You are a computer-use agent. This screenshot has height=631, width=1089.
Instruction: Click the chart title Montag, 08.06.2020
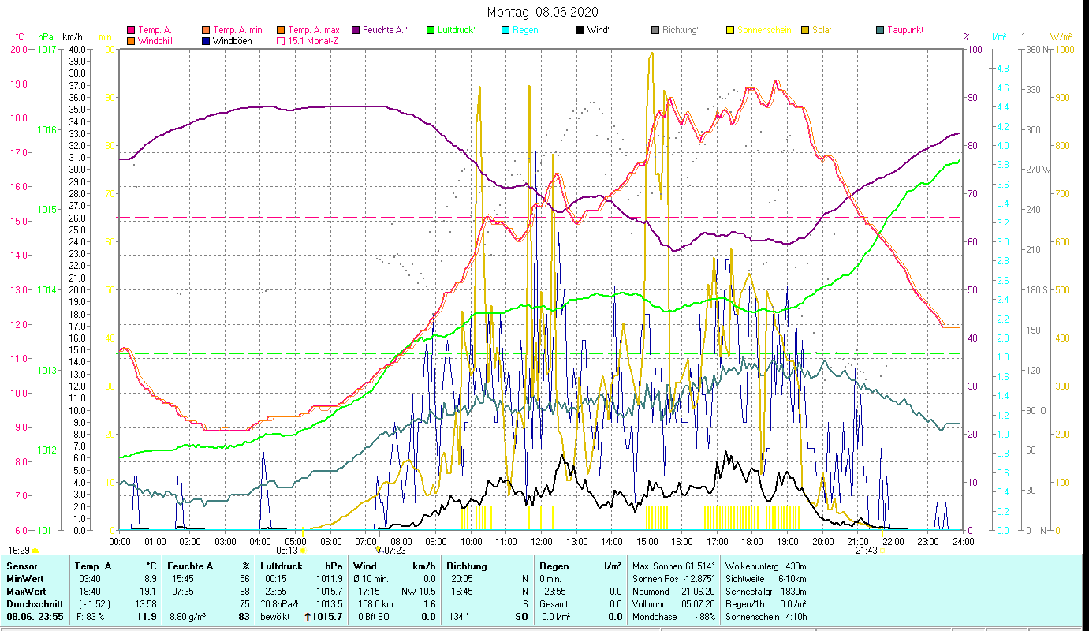click(x=543, y=12)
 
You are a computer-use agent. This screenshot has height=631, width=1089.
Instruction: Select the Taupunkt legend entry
click(x=904, y=30)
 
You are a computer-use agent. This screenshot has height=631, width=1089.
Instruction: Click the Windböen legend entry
click(x=233, y=40)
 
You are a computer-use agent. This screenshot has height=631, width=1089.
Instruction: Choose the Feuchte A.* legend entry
click(x=385, y=30)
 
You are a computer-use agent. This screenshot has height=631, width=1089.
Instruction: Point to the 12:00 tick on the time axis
click(x=542, y=541)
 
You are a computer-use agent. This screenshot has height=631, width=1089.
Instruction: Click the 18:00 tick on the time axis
click(x=752, y=541)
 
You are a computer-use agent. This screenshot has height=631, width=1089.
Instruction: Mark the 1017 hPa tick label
click(x=47, y=49)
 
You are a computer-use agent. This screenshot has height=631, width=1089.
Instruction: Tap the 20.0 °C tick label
click(x=20, y=49)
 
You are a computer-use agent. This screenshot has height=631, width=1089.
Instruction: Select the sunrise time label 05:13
click(x=287, y=551)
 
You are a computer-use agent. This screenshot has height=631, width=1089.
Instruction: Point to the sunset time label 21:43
click(x=867, y=551)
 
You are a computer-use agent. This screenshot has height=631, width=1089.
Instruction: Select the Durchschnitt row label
click(x=31, y=603)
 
